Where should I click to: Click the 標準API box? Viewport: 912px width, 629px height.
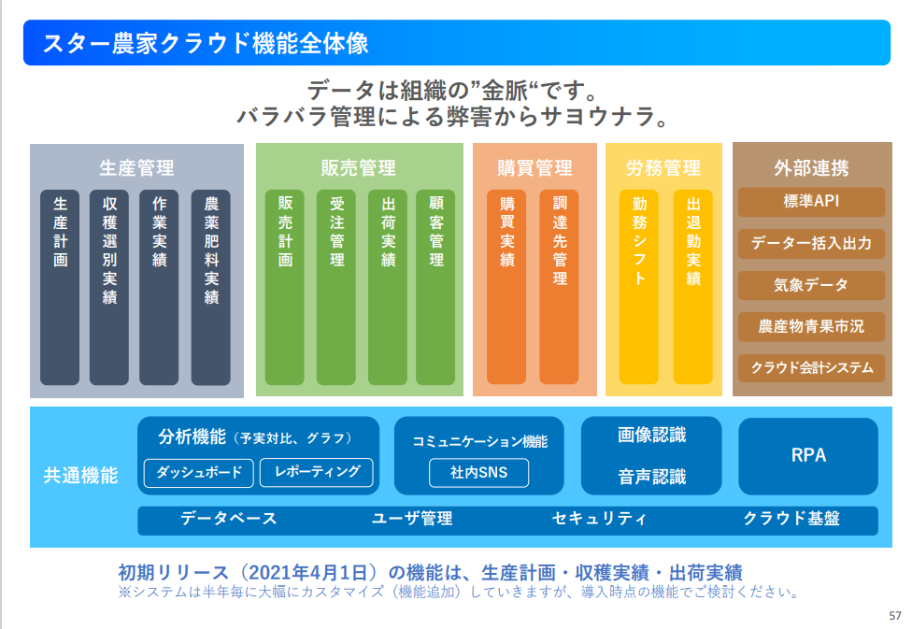pos(811,202)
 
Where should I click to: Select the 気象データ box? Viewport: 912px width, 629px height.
pos(811,285)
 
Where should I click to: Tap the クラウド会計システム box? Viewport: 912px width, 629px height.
pos(811,367)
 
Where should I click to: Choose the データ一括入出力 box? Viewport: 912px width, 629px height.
pos(811,244)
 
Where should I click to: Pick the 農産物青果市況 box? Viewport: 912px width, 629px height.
pos(811,326)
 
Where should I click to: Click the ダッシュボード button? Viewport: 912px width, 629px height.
pos(198,473)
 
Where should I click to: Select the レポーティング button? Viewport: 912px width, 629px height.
pos(316,473)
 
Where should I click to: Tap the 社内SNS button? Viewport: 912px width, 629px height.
pos(478,473)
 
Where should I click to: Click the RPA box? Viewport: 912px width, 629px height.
pos(808,456)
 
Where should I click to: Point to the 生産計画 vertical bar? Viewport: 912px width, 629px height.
pos(60,288)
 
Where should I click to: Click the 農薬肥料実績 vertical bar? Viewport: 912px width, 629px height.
pos(210,288)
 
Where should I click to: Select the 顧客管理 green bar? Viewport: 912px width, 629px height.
pos(436,288)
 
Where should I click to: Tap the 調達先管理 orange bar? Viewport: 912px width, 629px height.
pos(559,288)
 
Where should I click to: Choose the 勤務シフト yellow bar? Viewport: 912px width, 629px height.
pos(639,288)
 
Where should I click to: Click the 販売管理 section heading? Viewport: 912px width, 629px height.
pos(359,168)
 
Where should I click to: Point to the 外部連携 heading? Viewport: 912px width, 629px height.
pos(811,168)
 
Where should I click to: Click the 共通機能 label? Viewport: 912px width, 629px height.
pos(81,476)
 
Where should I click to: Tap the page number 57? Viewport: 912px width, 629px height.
pos(894,616)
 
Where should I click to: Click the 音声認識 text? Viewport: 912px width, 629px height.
pos(651,477)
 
